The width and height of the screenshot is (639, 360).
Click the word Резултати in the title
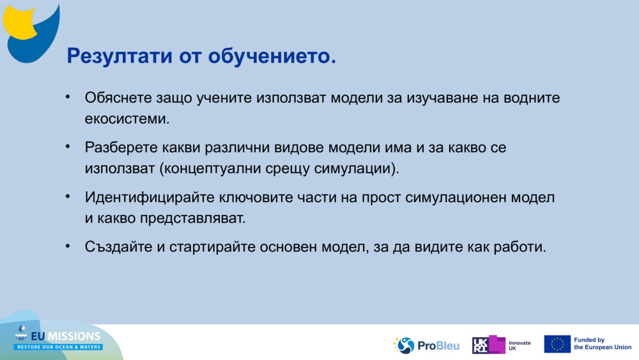(x=120, y=56)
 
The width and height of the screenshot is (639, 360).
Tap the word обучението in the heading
(x=272, y=56)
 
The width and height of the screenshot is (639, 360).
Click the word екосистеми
(x=127, y=119)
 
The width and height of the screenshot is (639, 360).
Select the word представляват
(x=193, y=219)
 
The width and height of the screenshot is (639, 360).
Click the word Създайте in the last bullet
(x=119, y=247)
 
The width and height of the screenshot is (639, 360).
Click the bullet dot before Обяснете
(x=68, y=97)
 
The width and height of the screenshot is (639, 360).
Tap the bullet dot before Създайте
(x=68, y=246)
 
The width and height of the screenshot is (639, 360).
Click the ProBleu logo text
(x=438, y=346)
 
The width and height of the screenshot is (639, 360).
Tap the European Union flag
(x=557, y=344)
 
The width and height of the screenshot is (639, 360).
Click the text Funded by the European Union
(x=603, y=343)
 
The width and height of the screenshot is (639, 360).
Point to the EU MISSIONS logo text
(x=66, y=336)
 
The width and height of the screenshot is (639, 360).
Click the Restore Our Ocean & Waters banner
(x=58, y=347)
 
